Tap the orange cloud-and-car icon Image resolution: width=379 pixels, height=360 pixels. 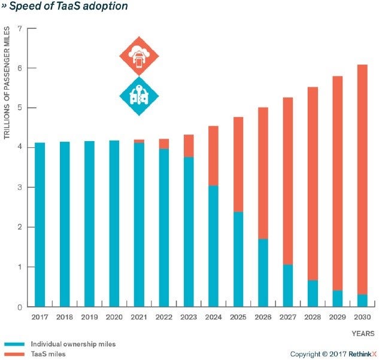click(138, 57)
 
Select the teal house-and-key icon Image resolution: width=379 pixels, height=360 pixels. click(138, 96)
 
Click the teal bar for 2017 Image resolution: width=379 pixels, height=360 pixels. click(40, 224)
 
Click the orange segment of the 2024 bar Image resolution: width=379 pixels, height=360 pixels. click(213, 155)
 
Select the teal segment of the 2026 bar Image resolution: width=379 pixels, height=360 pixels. click(262, 273)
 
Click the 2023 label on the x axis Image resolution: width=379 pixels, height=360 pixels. click(188, 317)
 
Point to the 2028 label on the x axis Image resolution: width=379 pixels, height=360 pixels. click(312, 317)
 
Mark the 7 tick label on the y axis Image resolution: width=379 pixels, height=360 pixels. click(20, 29)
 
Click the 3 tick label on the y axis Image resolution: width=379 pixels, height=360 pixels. click(20, 188)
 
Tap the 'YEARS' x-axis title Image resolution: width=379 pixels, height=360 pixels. click(363, 332)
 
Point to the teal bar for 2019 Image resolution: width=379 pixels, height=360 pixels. click(89, 224)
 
